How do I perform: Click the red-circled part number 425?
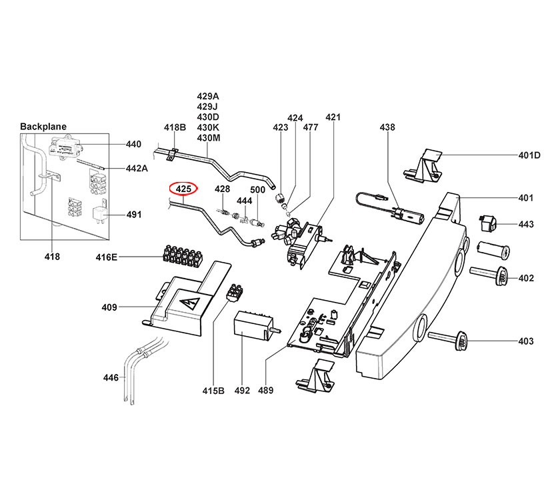[x=184, y=189]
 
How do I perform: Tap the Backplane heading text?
[x=43, y=127]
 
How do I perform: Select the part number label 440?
[x=133, y=144]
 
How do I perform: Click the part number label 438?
[x=387, y=127]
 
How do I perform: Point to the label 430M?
[x=208, y=138]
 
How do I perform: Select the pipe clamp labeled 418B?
[x=171, y=155]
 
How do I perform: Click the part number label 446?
[x=110, y=378]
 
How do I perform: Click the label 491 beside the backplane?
[x=133, y=215]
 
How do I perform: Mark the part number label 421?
[x=333, y=117]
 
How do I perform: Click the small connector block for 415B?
[x=235, y=292]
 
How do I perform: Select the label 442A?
[x=137, y=169]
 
